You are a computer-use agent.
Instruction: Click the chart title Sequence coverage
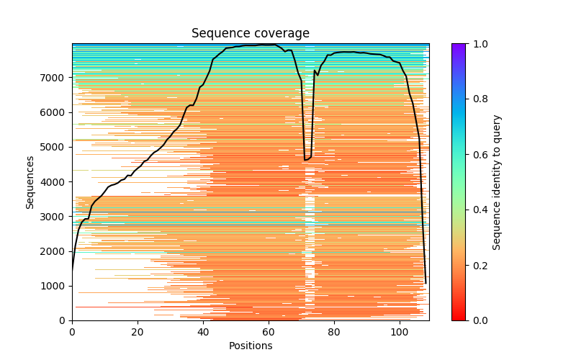click(250, 33)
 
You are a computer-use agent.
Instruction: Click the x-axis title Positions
click(250, 346)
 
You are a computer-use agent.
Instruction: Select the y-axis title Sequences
click(30, 181)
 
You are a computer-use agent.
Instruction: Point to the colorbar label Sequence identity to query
click(497, 181)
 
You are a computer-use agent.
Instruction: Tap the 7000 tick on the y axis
click(55, 78)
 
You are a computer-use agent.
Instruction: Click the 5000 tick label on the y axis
click(55, 147)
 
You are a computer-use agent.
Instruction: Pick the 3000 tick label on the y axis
click(55, 216)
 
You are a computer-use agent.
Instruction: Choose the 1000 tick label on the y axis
click(55, 286)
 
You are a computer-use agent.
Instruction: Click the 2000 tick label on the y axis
click(55, 251)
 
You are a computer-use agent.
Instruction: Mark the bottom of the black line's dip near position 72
click(306, 160)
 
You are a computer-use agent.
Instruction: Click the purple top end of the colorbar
click(459, 46)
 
